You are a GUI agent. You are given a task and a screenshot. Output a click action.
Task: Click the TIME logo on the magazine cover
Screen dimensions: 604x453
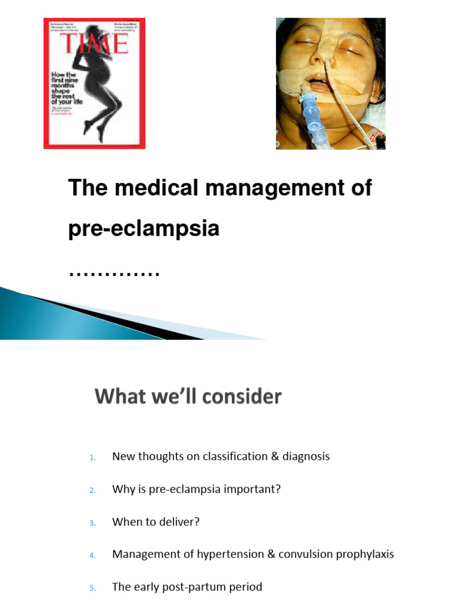[x=94, y=44]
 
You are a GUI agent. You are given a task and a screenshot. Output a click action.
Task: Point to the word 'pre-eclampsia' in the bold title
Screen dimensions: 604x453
[x=143, y=229]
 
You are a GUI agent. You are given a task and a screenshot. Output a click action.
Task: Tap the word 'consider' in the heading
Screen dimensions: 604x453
[x=241, y=397]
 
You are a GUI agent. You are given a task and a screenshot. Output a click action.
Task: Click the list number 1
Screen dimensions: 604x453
[x=92, y=457]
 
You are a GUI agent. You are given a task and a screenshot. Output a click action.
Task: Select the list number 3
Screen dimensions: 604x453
[x=92, y=523]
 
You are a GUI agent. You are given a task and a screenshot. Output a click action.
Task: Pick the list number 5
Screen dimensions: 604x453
[x=92, y=587]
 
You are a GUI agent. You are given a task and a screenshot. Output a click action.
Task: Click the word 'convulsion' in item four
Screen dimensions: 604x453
[x=308, y=554]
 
